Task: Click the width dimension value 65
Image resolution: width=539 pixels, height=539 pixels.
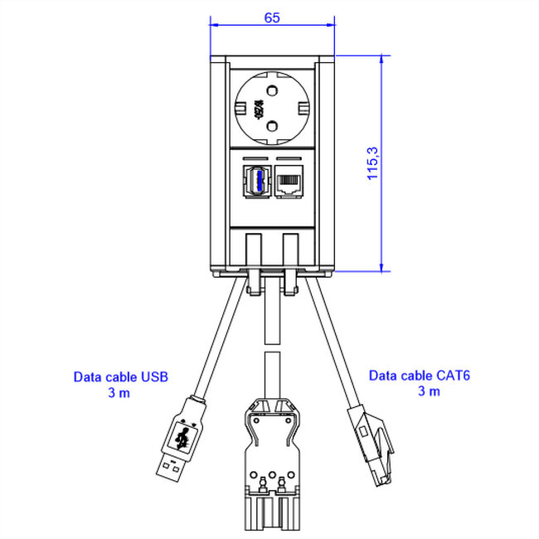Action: tap(272, 16)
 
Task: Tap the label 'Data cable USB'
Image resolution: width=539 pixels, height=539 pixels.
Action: tap(121, 376)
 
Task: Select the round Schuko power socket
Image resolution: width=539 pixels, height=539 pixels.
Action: tap(271, 106)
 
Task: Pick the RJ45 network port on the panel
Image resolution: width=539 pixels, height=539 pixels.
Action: tap(289, 181)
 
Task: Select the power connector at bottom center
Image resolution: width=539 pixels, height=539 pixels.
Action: tap(272, 464)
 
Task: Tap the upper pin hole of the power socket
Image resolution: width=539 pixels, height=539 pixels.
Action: tap(271, 85)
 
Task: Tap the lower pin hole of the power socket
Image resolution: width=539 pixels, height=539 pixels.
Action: tap(271, 128)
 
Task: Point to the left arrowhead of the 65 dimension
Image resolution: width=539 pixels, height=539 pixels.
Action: tap(214, 24)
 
